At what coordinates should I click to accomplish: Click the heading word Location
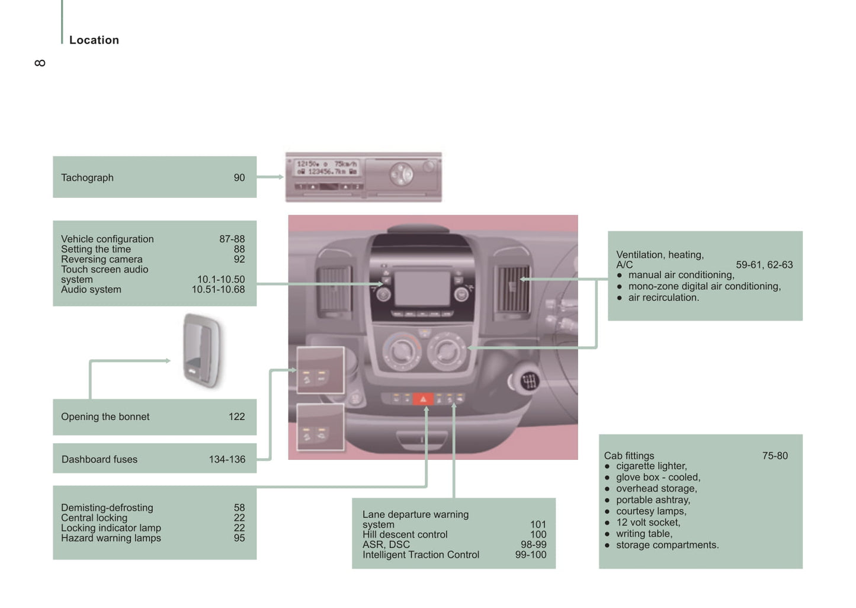94,40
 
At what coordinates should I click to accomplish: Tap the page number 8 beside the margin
40,63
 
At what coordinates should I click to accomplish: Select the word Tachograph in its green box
87,178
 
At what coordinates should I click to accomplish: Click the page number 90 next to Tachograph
239,178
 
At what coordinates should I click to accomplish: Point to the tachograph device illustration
363,177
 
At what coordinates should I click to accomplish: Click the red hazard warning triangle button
423,399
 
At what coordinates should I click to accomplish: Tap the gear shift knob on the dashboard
529,380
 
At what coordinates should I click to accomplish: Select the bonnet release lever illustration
202,350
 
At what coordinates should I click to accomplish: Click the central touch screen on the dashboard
422,289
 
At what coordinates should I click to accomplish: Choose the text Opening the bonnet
105,417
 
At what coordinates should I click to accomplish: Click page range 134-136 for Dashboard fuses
227,459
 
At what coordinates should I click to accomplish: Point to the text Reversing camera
101,260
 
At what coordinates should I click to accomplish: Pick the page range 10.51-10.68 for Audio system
218,290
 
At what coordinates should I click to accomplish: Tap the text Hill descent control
405,535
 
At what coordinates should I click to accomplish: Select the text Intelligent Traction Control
421,555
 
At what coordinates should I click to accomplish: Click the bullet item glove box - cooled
658,478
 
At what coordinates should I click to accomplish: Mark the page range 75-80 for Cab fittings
775,456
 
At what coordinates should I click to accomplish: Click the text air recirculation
663,297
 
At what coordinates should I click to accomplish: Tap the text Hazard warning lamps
111,538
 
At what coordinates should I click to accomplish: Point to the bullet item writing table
644,534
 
